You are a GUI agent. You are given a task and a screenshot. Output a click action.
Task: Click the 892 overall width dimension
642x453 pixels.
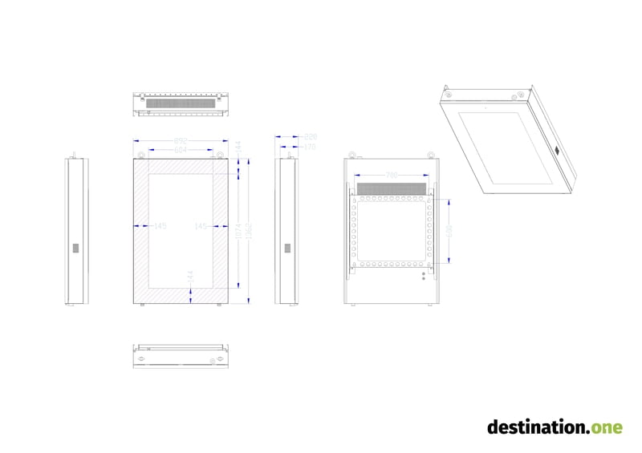pos(181,142)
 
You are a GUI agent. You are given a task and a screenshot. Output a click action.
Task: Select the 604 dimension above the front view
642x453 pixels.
pos(181,150)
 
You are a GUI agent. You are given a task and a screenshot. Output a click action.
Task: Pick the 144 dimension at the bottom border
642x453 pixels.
pos(190,275)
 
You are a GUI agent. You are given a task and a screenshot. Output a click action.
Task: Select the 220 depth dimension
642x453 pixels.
pos(311,138)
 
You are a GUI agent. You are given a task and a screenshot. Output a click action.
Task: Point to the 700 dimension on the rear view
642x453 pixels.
pos(392,176)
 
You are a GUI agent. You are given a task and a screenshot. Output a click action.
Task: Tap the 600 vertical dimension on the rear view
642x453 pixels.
pos(449,230)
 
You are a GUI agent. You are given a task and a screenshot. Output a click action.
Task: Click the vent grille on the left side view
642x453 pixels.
pos(77,249)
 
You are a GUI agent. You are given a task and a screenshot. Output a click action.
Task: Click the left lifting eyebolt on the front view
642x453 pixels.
pos(142,154)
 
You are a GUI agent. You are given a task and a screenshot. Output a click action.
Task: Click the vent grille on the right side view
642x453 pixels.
pos(286,249)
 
